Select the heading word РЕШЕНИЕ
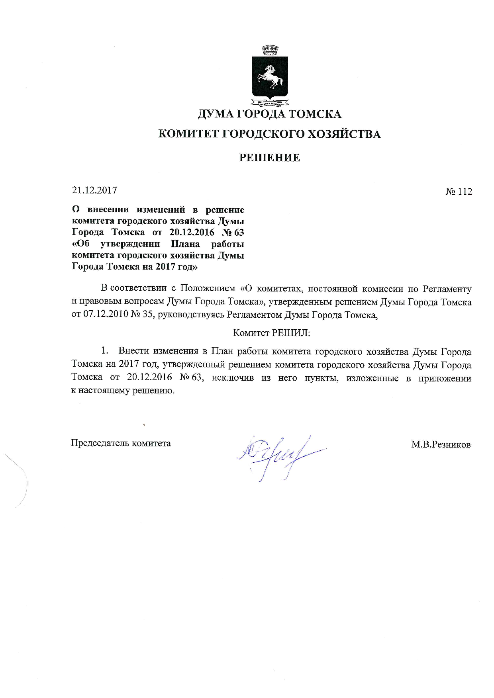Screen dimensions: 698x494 [269, 158]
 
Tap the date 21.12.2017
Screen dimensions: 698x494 [94, 190]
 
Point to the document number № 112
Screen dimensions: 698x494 [459, 192]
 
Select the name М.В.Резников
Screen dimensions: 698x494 [441, 444]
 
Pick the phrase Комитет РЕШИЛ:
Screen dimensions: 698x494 [271, 333]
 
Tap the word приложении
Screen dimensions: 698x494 [445, 378]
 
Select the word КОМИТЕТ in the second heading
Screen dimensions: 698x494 [188, 134]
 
